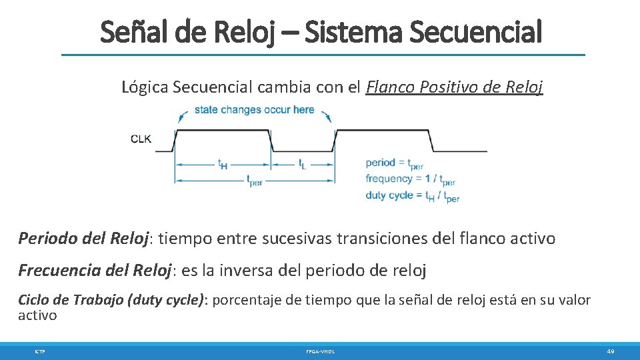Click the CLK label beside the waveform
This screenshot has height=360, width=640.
[x=141, y=139]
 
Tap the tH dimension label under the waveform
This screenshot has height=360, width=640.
[x=222, y=164]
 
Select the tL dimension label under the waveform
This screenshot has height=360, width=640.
[x=302, y=163]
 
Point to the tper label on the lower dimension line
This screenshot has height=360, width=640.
[x=254, y=180]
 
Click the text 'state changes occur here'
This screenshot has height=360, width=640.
[x=254, y=109]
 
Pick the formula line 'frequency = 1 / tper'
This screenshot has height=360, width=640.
[x=410, y=179]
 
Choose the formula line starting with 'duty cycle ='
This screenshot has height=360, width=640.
[x=412, y=196]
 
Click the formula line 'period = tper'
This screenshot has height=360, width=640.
[x=394, y=163]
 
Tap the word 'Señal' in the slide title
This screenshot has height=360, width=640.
[x=130, y=31]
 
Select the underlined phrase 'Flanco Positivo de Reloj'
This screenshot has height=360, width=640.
[x=455, y=87]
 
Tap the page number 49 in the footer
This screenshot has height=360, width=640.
[x=610, y=351]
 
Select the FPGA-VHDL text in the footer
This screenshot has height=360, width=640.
[x=320, y=351]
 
